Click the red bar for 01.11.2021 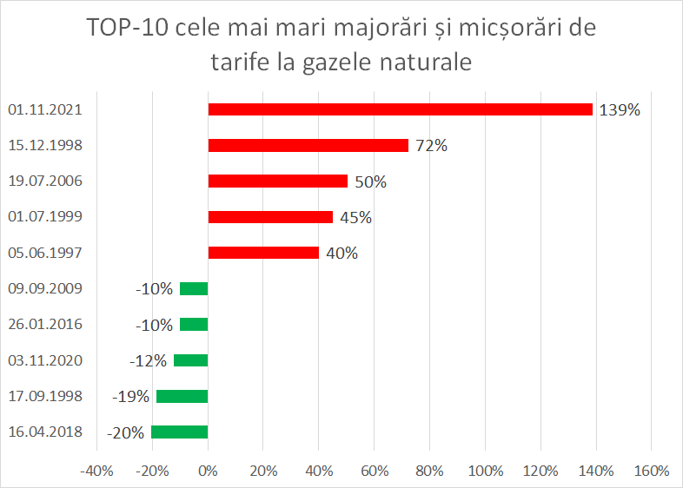coord(400,109)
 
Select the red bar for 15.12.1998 coord(308,145)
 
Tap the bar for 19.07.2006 coord(278,181)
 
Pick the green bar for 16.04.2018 coord(180,432)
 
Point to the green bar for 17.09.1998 coord(182,396)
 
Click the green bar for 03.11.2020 coord(191,360)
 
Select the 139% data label coord(620,110)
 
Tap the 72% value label coord(431,146)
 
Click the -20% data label coord(127,432)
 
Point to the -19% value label coord(131,397)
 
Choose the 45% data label coord(355,218)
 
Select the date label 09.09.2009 coord(44,288)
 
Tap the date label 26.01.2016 coord(44,325)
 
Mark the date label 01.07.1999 coord(44,217)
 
